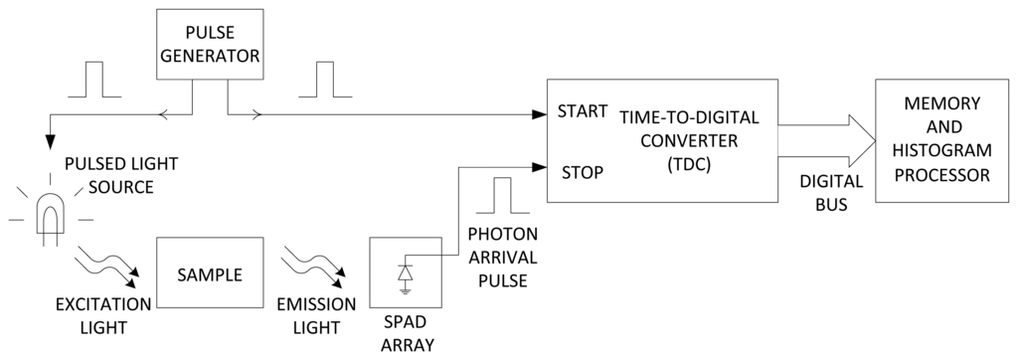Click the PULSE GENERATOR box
210,46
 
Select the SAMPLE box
210,274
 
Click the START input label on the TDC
582,110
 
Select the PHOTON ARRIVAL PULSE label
502,257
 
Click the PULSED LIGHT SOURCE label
109,175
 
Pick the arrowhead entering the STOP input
539,167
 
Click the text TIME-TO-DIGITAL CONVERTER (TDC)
689,139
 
